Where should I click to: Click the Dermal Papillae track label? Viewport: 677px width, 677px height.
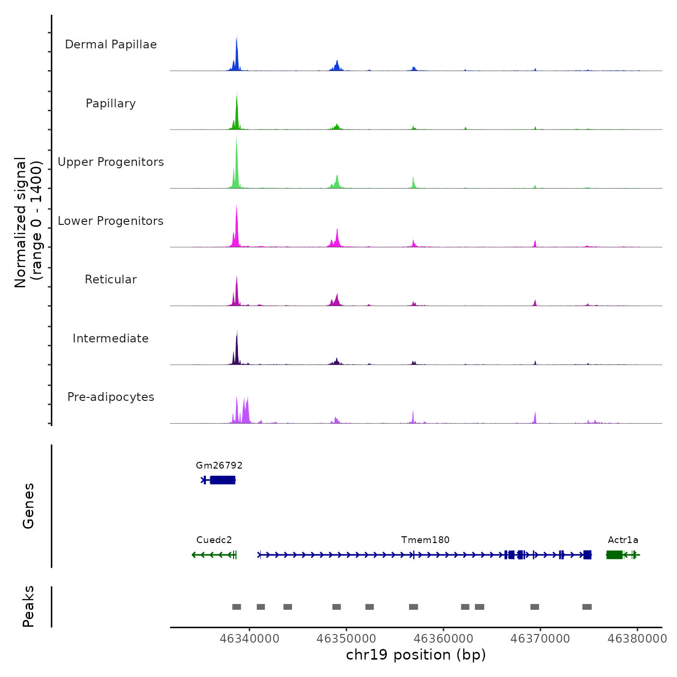click(111, 44)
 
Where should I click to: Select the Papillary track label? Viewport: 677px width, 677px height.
click(111, 103)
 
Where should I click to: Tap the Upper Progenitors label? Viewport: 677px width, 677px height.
click(111, 162)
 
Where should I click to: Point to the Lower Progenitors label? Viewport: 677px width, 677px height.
click(111, 221)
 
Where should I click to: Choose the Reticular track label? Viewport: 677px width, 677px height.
click(111, 280)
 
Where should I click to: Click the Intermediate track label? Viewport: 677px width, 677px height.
click(111, 338)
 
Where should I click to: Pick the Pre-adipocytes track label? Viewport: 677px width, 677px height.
click(111, 397)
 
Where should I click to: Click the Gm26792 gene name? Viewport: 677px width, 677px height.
click(219, 465)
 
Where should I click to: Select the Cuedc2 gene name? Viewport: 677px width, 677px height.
click(214, 540)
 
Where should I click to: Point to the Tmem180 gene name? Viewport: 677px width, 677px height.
click(425, 540)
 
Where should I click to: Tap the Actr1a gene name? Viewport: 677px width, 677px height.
click(623, 540)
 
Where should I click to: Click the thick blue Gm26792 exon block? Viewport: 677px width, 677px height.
click(222, 480)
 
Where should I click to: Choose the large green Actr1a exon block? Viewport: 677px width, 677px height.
click(614, 555)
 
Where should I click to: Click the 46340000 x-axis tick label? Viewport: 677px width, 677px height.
click(250, 638)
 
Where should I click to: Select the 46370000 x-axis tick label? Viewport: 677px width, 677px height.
click(540, 638)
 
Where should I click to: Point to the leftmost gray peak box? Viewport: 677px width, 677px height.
click(236, 607)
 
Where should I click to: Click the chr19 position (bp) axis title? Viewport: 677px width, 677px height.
click(416, 655)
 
